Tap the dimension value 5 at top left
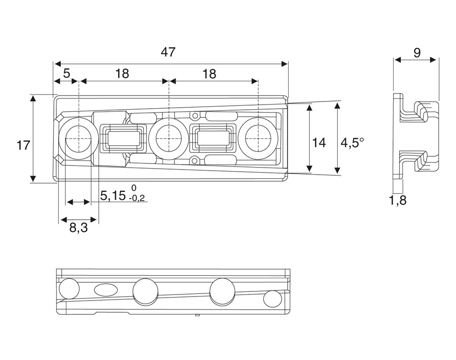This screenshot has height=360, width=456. (x=66, y=74)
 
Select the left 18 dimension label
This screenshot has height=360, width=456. (x=122, y=74)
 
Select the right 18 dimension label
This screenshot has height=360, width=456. (x=209, y=74)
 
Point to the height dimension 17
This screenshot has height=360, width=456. (x=23, y=146)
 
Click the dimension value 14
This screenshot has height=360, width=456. (x=319, y=143)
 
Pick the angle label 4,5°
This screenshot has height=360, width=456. (x=352, y=143)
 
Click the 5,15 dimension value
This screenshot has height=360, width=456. (x=113, y=196)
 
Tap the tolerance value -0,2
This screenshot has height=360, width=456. (x=137, y=199)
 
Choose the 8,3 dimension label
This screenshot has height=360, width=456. (x=79, y=228)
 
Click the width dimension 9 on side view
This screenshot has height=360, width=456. (x=416, y=53)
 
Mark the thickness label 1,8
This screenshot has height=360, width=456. (x=398, y=201)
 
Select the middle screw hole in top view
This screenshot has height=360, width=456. (x=168, y=138)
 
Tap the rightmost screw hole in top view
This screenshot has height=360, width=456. (x=258, y=138)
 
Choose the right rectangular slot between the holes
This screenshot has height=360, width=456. (x=213, y=138)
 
